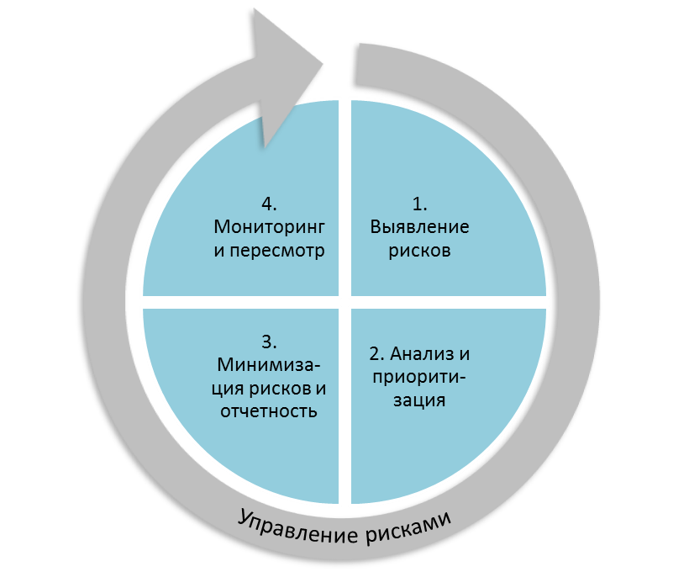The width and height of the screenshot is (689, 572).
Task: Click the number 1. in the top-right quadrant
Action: [420, 204]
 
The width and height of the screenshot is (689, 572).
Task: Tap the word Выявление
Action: [420, 227]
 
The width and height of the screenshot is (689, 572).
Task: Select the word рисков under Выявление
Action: [420, 251]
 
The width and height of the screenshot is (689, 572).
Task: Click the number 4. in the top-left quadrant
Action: [269, 204]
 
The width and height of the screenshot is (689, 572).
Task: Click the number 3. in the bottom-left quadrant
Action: [269, 342]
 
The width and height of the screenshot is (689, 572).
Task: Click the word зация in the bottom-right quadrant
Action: [419, 400]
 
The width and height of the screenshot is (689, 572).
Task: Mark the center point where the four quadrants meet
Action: [345, 301]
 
